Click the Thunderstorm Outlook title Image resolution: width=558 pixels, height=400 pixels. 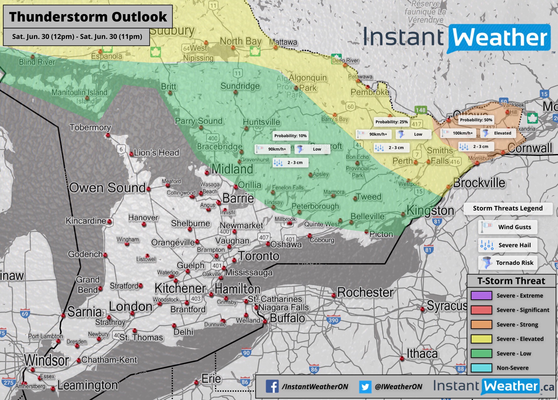pos(88,17)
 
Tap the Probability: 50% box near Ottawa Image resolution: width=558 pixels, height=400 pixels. pos(476,120)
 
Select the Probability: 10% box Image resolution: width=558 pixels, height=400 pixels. pos(290,136)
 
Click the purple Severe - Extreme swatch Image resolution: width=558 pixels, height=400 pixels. pos(481,296)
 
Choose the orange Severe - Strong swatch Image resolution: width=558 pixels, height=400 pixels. pos(481,324)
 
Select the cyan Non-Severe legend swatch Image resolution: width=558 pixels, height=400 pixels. pos(481,368)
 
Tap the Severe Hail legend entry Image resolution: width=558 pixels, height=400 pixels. pos(507,245)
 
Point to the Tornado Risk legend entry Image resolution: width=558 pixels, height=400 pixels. pos(507,263)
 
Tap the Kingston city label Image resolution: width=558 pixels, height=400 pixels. pos(430,211)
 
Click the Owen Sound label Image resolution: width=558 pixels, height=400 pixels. pos(107,188)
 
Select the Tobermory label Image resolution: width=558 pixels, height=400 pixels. pos(90,127)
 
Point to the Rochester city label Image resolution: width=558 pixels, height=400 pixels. pos(365,292)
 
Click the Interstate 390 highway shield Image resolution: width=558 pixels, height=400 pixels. pos(333,320)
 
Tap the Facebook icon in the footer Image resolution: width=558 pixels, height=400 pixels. pos(272,387)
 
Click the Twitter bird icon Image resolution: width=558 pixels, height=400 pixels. pos(365,387)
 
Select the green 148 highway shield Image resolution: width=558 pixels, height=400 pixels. pos(420,110)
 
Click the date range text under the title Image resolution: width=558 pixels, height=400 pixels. pos(77,37)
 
